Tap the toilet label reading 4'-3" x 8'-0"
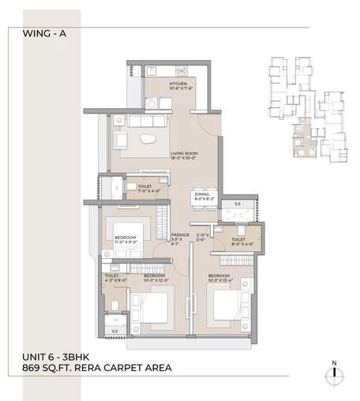(x=116, y=277)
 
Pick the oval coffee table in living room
(x=149, y=140)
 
